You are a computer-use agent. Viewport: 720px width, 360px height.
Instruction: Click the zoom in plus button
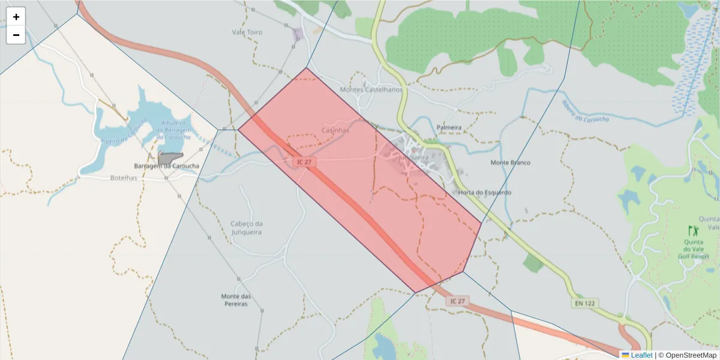[16, 17]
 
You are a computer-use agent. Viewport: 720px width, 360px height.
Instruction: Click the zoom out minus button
[16, 35]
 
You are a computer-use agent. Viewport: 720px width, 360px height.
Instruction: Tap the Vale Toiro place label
[247, 32]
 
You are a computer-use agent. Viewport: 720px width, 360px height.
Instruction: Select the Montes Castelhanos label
[371, 89]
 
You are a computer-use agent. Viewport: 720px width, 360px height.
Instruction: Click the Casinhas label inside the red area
[335, 130]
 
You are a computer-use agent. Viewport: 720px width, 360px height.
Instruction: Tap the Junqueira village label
[412, 156]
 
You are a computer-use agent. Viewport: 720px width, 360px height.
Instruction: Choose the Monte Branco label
[510, 163]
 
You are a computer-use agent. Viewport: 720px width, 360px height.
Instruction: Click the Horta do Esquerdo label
[484, 193]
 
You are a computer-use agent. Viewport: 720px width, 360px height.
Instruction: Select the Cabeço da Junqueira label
[247, 228]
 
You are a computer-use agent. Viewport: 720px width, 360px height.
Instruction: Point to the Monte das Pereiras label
[235, 300]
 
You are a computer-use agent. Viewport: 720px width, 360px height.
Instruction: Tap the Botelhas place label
[124, 178]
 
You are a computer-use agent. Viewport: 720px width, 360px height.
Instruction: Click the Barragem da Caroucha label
[166, 166]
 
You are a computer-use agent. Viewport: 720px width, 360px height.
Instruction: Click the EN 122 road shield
[584, 304]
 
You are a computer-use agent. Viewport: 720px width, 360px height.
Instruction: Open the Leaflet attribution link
[641, 355]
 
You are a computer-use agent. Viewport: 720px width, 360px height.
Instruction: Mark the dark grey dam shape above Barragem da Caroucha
[169, 157]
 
